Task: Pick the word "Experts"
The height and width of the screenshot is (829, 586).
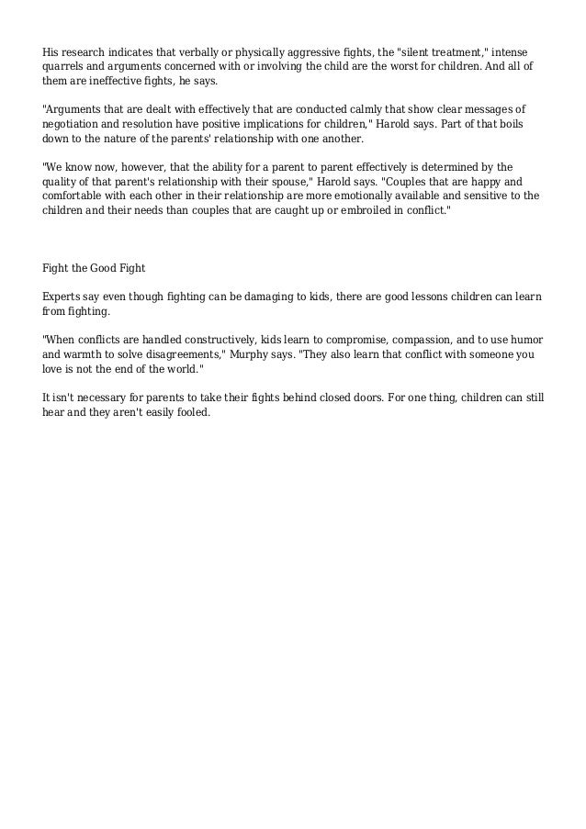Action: (x=63, y=299)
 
